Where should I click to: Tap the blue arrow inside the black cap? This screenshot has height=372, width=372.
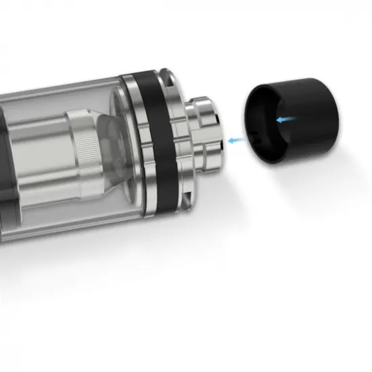(x=285, y=120)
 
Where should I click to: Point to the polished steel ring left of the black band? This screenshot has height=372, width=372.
(x=131, y=145)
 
